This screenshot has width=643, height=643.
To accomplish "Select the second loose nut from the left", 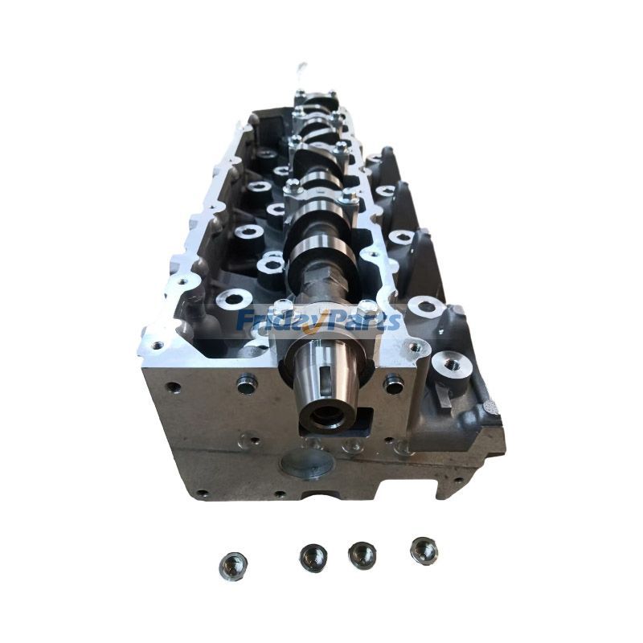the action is pos(313,557).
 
